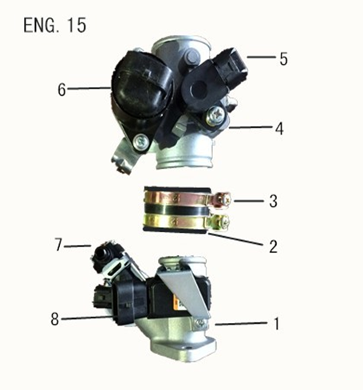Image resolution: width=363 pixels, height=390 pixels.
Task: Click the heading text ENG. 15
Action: [55, 25]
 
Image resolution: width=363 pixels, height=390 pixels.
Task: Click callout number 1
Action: [276, 324]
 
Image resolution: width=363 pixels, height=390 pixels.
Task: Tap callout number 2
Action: [273, 246]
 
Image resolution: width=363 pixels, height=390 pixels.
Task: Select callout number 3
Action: [273, 201]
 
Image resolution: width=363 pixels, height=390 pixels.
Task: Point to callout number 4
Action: [278, 128]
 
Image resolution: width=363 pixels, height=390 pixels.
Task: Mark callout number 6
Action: [61, 90]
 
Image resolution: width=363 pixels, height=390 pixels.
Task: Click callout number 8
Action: [55, 320]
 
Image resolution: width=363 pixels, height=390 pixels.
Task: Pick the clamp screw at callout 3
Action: [226, 199]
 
